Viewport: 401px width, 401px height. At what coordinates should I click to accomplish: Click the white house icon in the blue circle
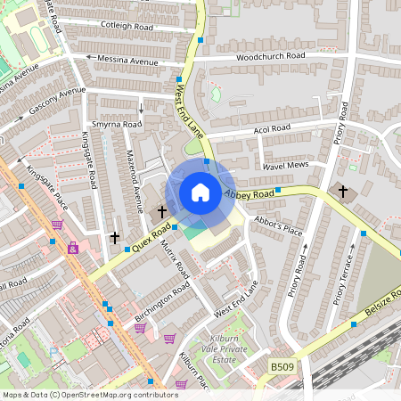click(200, 192)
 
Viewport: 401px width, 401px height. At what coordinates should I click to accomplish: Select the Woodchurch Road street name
click(270, 56)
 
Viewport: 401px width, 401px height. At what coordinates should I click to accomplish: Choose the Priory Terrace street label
click(345, 280)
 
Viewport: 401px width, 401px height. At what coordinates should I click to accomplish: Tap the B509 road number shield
click(282, 366)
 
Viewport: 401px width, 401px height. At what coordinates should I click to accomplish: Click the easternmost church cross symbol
click(343, 191)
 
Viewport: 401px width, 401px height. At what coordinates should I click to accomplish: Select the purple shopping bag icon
click(72, 248)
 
